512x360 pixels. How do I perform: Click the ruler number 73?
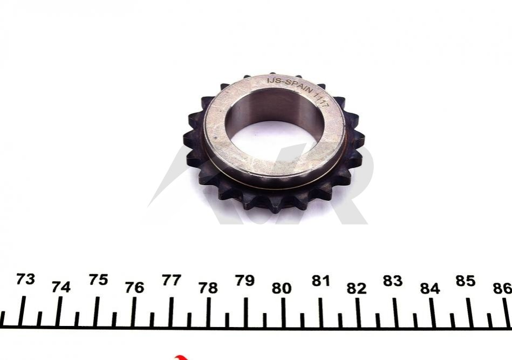click(x=25, y=280)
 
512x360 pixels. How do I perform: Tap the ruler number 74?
click(x=61, y=287)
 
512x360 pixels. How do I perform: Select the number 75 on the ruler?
click(x=98, y=280)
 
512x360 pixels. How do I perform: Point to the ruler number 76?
click(x=134, y=288)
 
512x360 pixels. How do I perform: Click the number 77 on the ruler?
click(x=172, y=280)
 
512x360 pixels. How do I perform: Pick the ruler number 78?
click(x=208, y=288)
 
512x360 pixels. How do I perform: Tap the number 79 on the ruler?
click(x=245, y=281)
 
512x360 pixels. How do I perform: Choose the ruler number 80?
click(x=282, y=288)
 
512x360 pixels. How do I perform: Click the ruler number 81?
click(x=320, y=281)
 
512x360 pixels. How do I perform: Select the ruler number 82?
click(x=357, y=289)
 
